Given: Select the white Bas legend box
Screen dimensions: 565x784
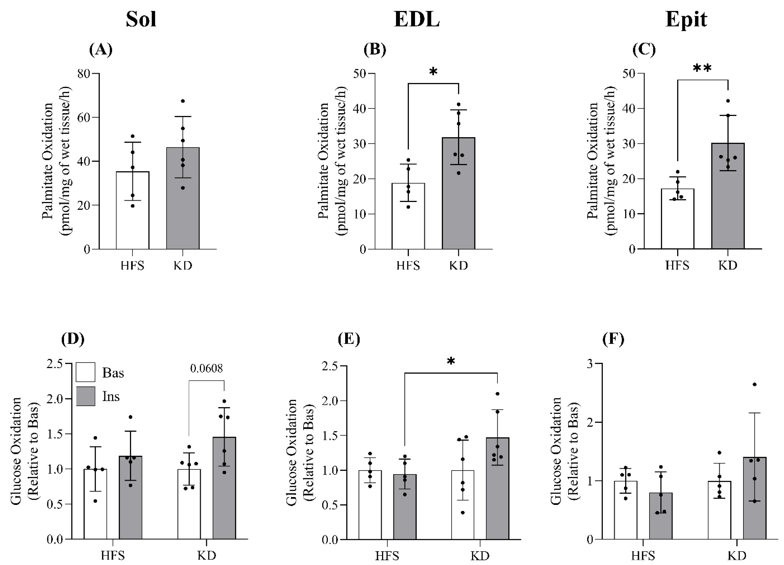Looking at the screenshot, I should coord(85,372).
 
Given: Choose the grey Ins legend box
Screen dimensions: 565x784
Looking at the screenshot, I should coord(85,396).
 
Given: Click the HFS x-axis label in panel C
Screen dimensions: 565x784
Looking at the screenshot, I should coord(677,265).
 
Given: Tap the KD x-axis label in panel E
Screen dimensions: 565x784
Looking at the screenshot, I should coord(480,556).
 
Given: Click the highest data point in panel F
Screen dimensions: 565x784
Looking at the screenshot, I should coord(755,384).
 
